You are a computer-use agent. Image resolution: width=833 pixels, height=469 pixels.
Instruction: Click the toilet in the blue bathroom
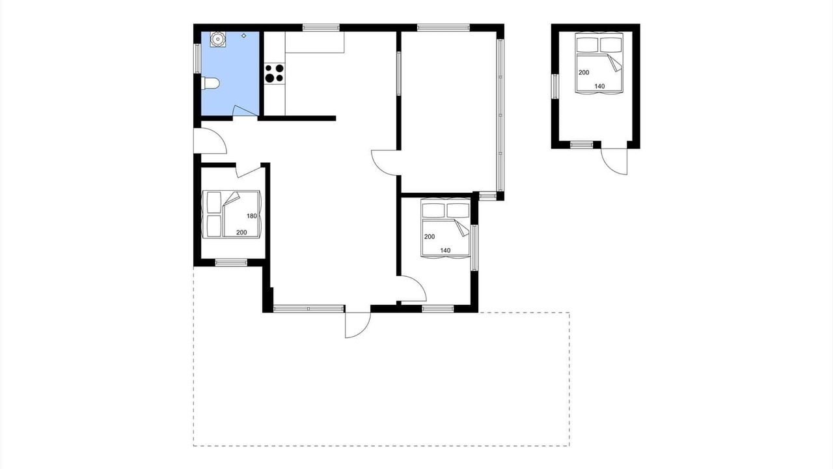[210, 83]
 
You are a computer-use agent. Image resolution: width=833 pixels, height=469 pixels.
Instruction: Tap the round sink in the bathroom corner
[217, 40]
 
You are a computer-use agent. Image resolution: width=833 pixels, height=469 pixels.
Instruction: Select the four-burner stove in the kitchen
[275, 74]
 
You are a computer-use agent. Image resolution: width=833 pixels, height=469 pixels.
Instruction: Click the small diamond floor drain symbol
[244, 36]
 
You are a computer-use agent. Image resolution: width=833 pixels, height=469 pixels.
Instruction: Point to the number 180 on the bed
[252, 216]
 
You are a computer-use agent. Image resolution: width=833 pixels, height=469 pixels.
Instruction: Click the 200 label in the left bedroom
[241, 233]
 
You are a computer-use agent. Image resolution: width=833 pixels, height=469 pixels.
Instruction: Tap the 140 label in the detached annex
[599, 87]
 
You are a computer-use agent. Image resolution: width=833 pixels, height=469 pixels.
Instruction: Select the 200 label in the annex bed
[584, 72]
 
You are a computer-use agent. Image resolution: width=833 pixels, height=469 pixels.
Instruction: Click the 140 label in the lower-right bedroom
[445, 251]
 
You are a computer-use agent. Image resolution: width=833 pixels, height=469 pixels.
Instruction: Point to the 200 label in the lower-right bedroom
[430, 236]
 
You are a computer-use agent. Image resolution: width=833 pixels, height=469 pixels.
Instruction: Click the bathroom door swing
[245, 111]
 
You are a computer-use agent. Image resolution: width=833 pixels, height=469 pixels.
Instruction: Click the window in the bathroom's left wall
[197, 59]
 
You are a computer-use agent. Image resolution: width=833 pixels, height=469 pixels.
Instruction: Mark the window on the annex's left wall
[555, 87]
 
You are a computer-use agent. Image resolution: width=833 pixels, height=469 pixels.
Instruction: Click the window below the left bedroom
[231, 263]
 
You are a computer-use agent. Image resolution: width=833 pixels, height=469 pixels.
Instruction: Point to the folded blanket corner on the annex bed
[615, 63]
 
